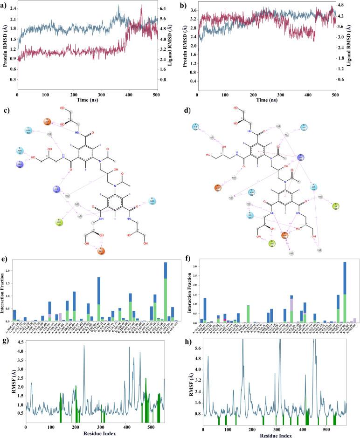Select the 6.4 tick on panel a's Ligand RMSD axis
coord(165,9)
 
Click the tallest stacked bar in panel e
coord(165,292)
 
